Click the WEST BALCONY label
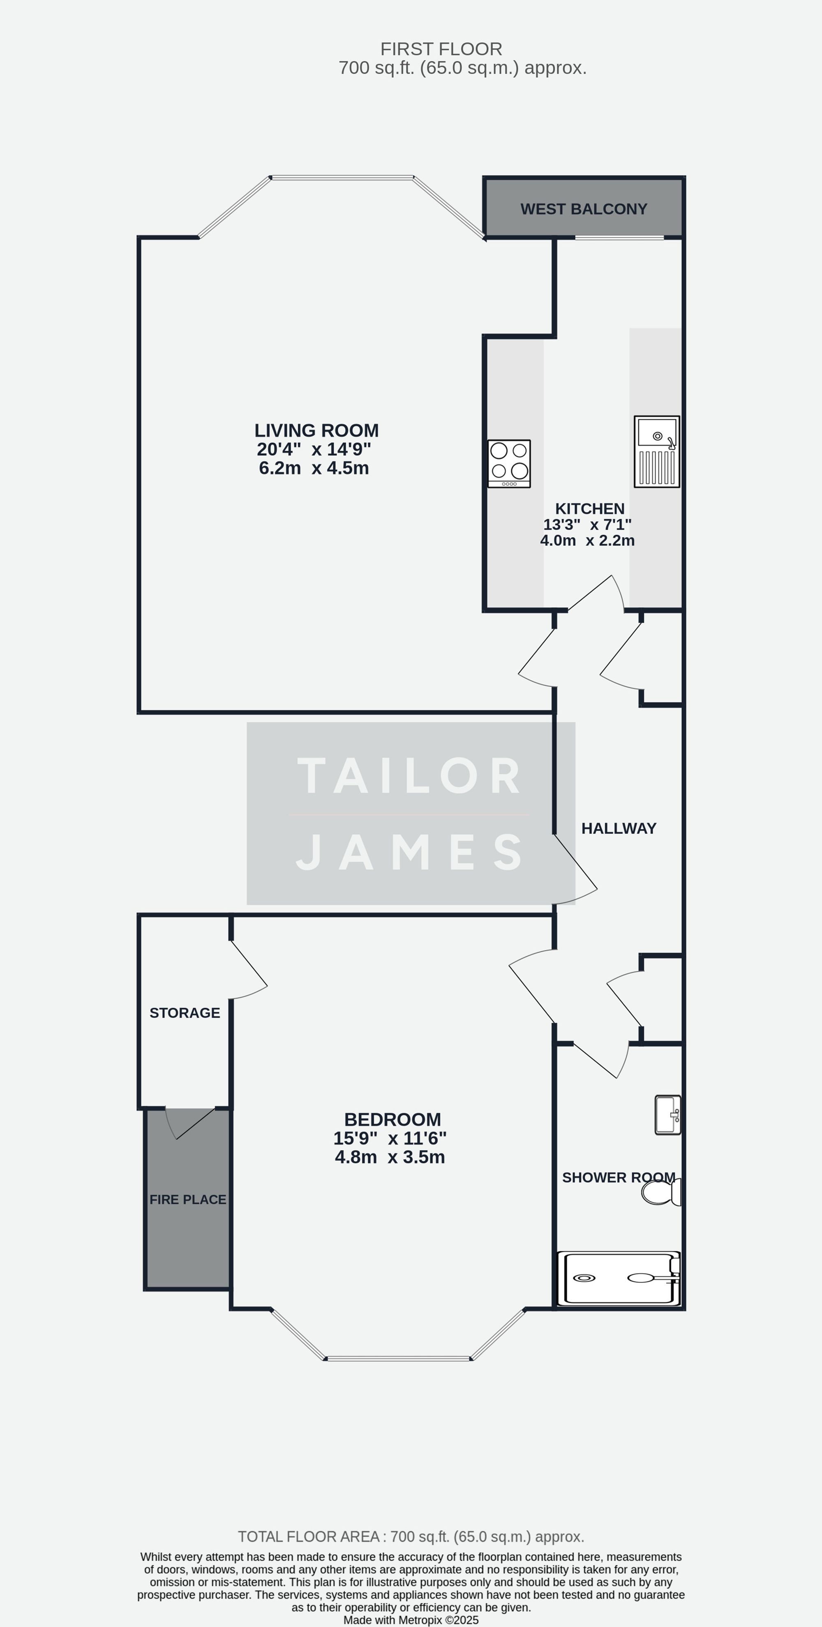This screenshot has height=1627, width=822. coord(583,209)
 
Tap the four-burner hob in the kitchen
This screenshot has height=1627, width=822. coord(509,464)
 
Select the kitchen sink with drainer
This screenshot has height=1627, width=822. coord(657,452)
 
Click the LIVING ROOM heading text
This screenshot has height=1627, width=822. coord(316,431)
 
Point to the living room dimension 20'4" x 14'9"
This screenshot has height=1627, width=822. coord(314,450)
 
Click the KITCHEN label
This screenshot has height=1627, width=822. coord(590,508)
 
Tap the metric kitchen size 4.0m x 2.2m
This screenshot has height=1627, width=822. coord(587,541)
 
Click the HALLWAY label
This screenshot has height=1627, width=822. coord(619,829)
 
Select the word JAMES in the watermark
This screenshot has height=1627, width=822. coord(410,852)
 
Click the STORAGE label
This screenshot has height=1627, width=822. coord(185,1013)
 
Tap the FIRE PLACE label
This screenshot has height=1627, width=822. coord(187,1199)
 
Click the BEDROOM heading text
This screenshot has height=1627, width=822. coord(392,1120)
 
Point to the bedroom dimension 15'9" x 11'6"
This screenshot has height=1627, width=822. coord(390,1139)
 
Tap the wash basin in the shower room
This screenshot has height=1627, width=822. coord(667,1115)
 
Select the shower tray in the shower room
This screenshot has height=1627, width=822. coord(619,1279)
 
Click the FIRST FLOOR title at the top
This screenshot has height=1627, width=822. coord(441,49)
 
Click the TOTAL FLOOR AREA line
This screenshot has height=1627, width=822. coord(410,1537)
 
